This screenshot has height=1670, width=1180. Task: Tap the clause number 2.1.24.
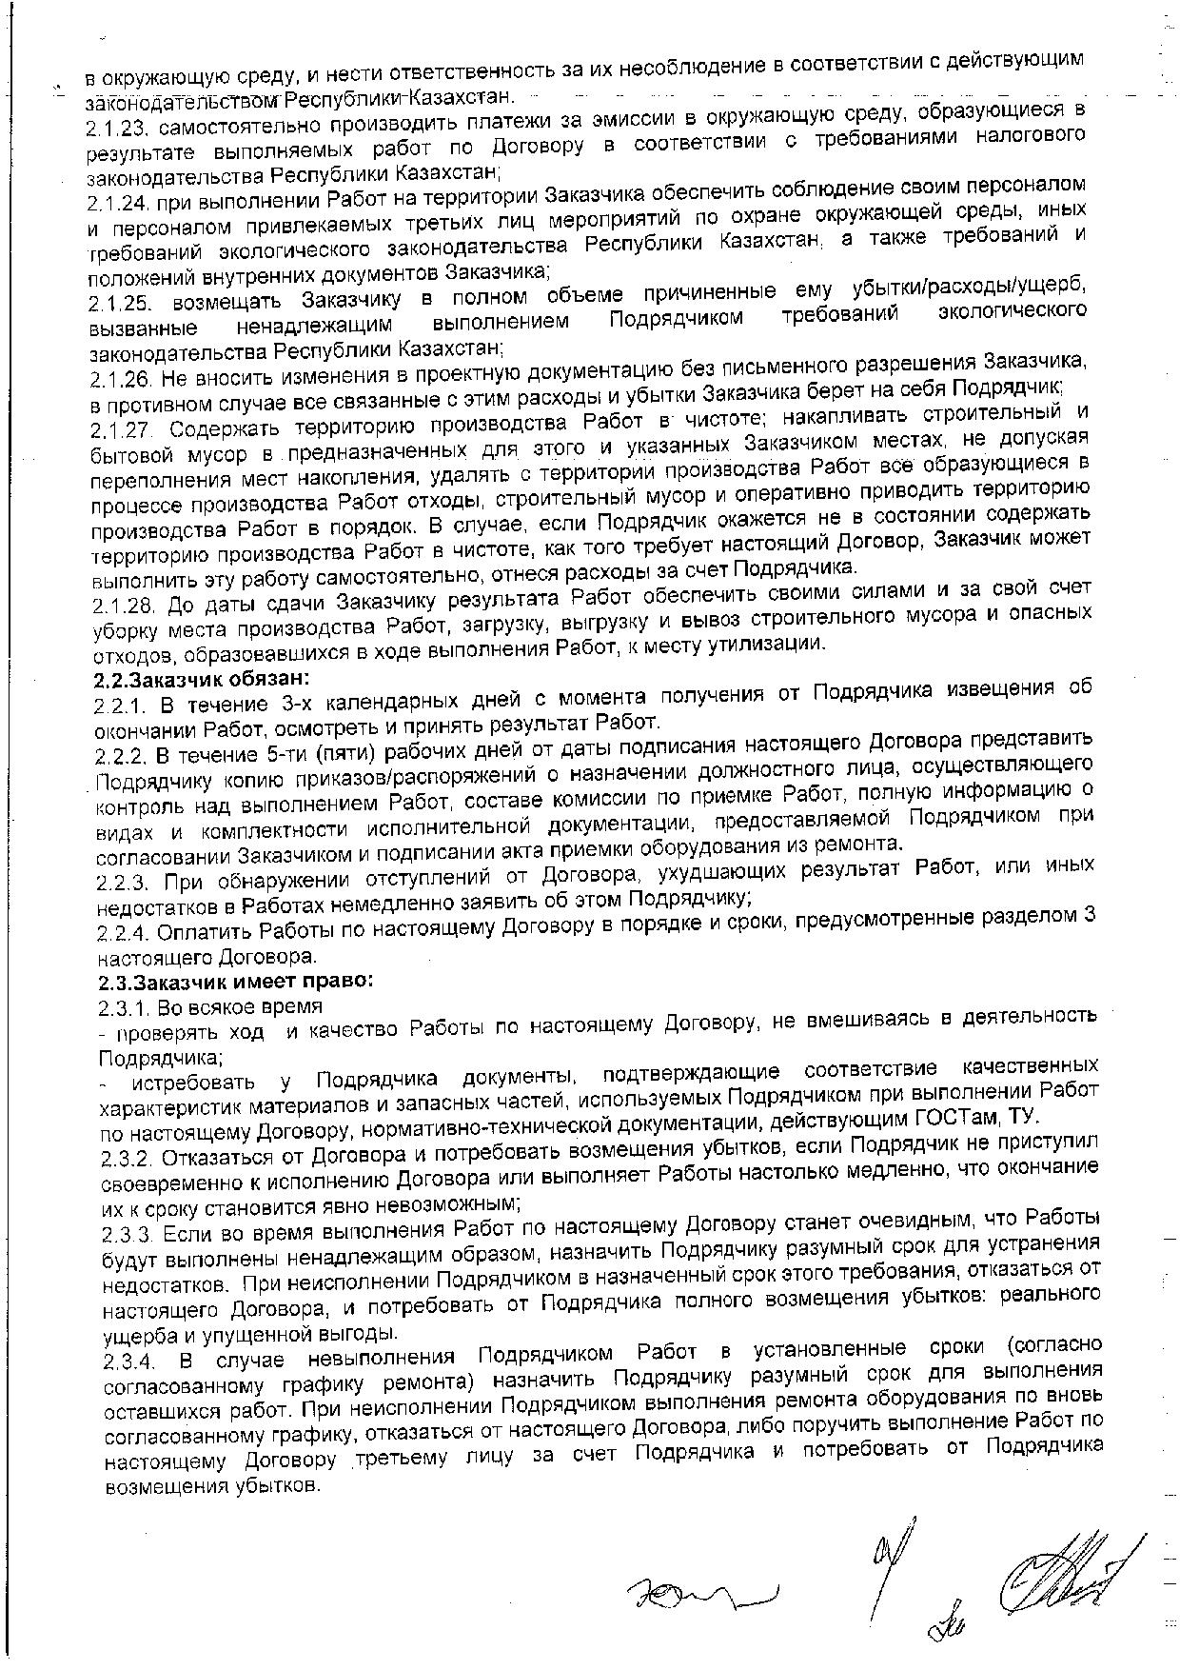[x=121, y=203]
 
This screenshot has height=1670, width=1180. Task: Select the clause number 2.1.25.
[x=121, y=303]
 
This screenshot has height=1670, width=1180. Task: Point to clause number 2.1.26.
[x=123, y=379]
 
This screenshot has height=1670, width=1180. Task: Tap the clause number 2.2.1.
[x=120, y=706]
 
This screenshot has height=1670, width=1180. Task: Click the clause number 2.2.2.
[x=120, y=757]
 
